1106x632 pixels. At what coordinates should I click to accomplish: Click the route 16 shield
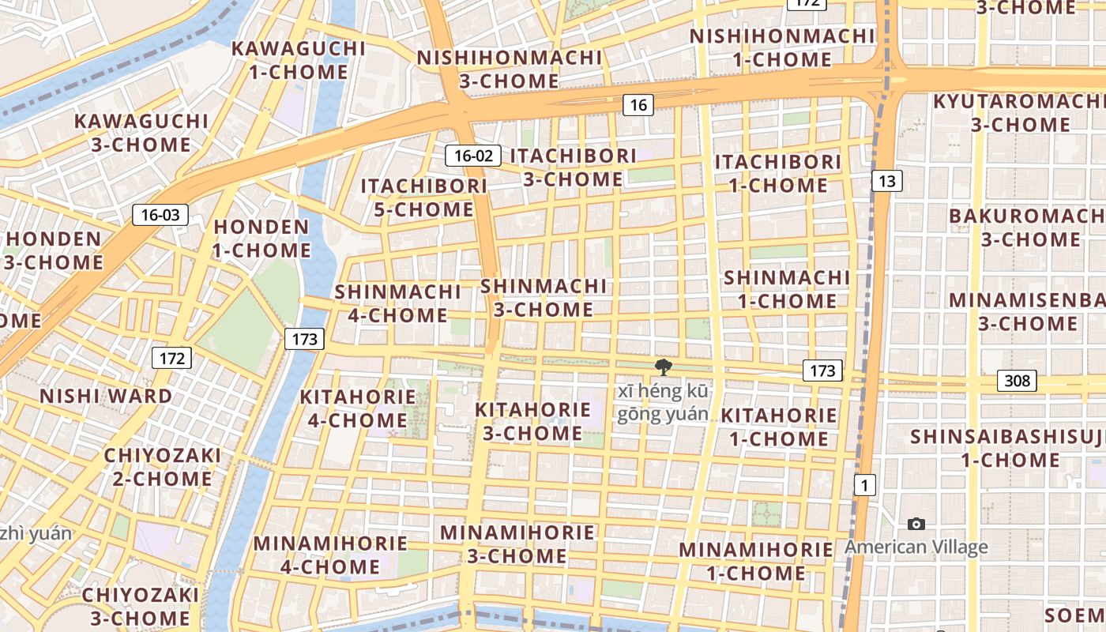click(638, 104)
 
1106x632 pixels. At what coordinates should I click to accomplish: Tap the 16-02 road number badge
click(473, 156)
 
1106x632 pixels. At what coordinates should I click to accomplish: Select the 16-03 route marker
click(160, 214)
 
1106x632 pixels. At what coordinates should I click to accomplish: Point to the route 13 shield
click(887, 181)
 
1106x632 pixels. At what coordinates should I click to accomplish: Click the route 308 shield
click(1017, 381)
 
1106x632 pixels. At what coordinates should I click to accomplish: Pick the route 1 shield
click(865, 485)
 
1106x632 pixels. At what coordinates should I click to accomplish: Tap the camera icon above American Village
click(916, 524)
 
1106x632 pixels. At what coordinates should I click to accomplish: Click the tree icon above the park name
click(663, 367)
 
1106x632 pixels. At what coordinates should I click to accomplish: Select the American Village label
click(916, 547)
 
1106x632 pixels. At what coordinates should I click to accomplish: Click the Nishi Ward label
click(106, 396)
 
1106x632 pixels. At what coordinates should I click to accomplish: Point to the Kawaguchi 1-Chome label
click(299, 60)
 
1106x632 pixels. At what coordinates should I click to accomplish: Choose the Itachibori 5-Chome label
click(424, 197)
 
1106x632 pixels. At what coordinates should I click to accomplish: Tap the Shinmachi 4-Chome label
click(398, 303)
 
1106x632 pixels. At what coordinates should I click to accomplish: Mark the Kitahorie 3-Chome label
click(532, 421)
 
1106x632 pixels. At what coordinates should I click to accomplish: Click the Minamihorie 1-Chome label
click(756, 561)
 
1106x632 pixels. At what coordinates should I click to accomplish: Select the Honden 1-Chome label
click(262, 239)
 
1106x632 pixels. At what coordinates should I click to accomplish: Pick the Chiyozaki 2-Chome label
click(163, 467)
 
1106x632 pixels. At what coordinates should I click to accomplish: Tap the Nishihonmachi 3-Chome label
click(510, 69)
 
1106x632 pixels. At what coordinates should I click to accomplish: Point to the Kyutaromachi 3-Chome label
click(1020, 113)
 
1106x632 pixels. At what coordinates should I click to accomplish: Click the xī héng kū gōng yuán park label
click(664, 403)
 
